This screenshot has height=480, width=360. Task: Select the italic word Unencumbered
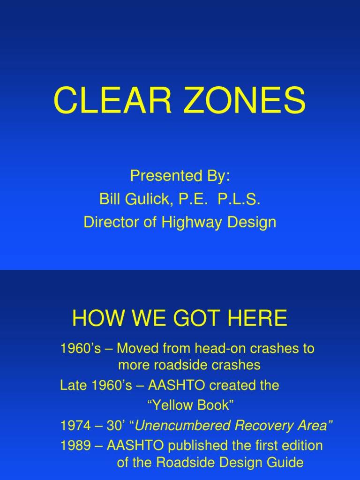coord(182,426)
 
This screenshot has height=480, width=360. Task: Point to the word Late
coord(71,386)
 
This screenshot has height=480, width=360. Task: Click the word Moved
coord(135,349)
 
